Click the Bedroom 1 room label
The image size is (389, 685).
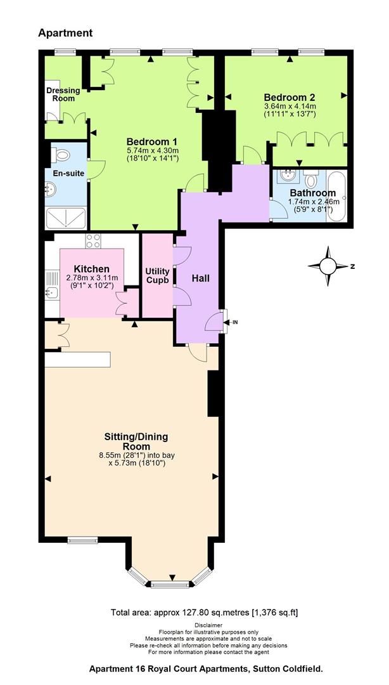coord(151,142)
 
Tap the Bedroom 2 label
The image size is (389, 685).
coord(290,98)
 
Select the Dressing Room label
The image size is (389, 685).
coord(63,95)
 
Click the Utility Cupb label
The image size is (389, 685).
coord(157,276)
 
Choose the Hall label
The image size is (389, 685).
coord(201,278)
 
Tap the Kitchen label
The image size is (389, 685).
coord(92,269)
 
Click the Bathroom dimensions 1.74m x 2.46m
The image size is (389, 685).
coord(312,202)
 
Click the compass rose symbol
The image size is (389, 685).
coord(328,266)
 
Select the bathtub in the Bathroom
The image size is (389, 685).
coord(336,197)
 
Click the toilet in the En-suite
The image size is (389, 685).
coord(60,155)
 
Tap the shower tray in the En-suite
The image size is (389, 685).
coord(66,218)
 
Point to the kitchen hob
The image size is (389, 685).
coord(93,241)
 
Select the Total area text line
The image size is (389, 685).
coord(205,612)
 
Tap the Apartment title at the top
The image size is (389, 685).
coord(65,33)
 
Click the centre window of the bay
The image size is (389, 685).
coord(170,584)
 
